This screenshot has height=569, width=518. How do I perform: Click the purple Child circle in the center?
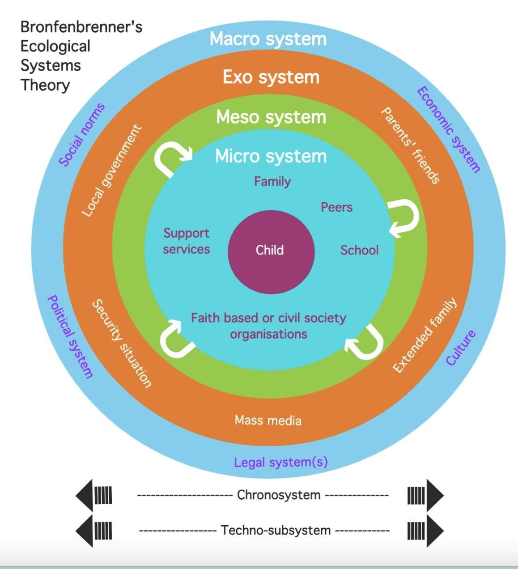271,251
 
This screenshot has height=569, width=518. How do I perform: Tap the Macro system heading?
268,39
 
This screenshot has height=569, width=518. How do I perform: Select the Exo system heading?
271,77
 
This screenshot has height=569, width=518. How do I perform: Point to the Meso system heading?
271,117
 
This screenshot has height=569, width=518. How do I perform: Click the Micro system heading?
271,156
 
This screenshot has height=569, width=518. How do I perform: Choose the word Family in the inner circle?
272,181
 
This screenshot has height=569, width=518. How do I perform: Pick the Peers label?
336,207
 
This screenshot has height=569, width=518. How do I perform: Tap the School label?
359,250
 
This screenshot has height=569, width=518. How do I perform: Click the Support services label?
186,241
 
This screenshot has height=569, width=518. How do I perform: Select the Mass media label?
268,420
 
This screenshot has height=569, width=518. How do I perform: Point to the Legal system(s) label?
281,462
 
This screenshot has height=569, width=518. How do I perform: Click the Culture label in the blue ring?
460,348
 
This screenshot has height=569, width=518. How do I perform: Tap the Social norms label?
82,135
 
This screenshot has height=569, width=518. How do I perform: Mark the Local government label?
112,171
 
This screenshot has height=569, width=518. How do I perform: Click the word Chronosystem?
278,495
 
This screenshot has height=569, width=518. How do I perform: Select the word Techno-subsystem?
276,530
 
